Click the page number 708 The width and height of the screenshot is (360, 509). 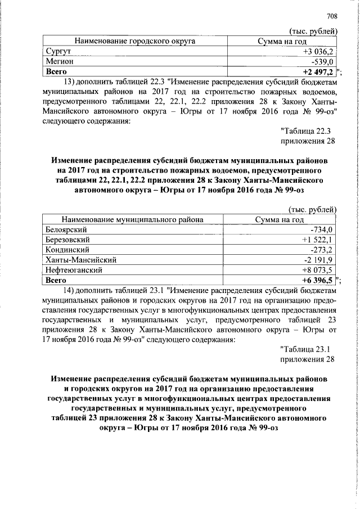click(331, 17)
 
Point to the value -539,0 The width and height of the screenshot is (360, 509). click(323, 62)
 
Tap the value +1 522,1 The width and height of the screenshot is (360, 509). click(318, 240)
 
